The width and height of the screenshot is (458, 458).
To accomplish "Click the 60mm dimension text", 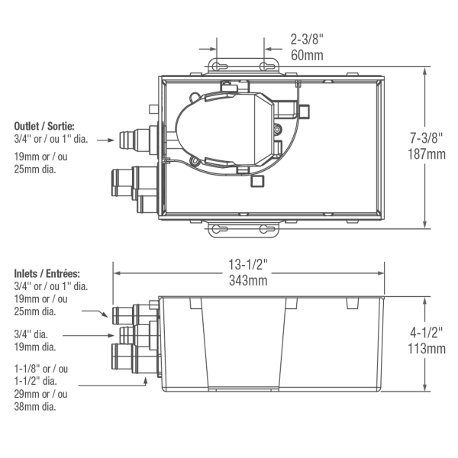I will pyautogui.click(x=308, y=55).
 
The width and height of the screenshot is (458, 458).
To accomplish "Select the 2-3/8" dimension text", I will pyautogui.click(x=308, y=37).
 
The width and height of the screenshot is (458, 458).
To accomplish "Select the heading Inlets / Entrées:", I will pyautogui.click(x=48, y=273).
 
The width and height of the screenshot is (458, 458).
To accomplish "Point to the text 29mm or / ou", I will pyautogui.click(x=40, y=394).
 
